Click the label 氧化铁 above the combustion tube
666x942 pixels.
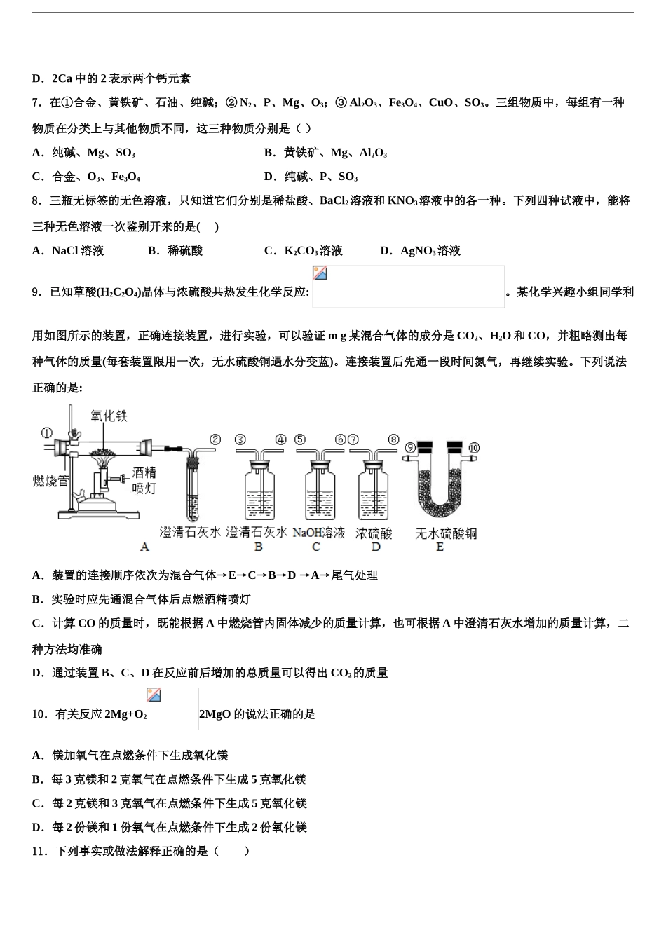[x=109, y=416]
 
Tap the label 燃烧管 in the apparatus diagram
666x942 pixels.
[x=51, y=481]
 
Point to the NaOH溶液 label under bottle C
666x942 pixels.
[x=319, y=533]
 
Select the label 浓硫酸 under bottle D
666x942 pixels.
[x=374, y=533]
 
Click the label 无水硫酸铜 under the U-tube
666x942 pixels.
[x=446, y=533]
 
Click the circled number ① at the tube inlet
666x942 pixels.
[x=46, y=432]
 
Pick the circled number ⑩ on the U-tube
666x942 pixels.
[x=473, y=447]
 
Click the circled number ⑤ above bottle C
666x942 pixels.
[x=300, y=439]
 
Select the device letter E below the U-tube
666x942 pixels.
[x=440, y=547]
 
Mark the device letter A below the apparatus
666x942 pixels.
[x=145, y=547]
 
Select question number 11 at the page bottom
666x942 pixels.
[x=39, y=851]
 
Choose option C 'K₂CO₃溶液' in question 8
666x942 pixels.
[x=304, y=251]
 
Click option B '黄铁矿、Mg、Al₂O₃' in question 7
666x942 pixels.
[x=326, y=153]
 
